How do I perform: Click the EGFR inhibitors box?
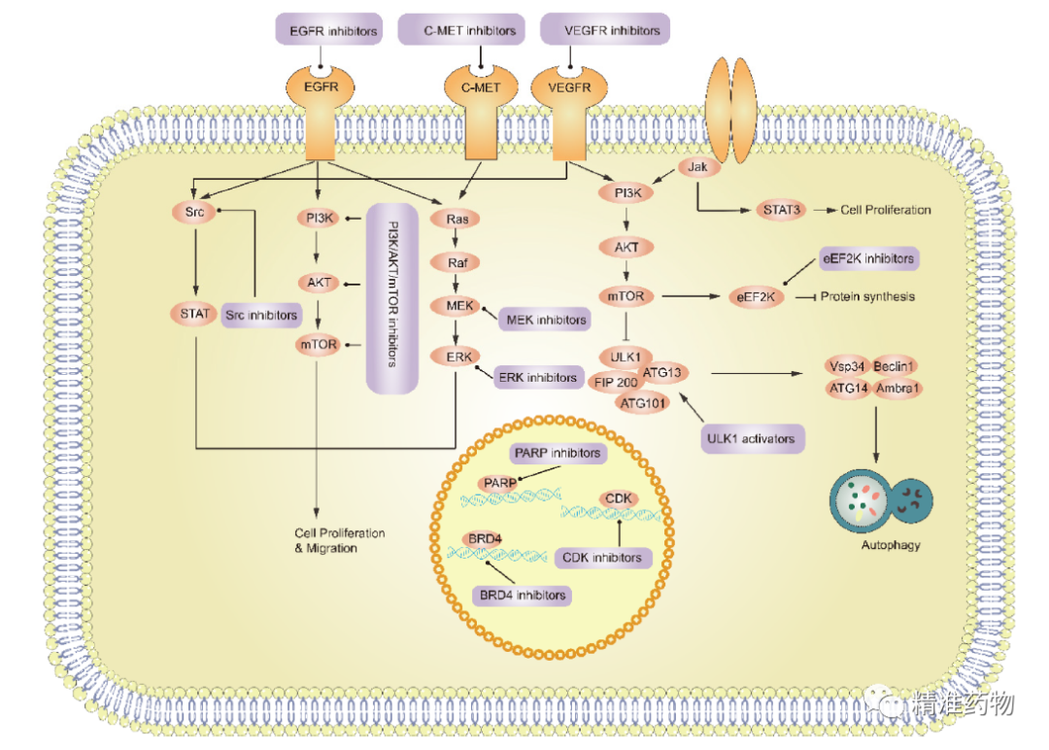(x=326, y=31)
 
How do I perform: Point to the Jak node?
(x=696, y=168)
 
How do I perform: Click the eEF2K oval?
(x=756, y=297)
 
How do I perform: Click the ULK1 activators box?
(x=752, y=439)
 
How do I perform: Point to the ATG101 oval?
(x=642, y=400)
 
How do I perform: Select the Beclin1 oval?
(x=896, y=366)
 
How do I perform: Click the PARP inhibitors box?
(x=558, y=453)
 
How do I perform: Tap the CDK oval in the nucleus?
(x=620, y=499)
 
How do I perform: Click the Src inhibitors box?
(x=260, y=315)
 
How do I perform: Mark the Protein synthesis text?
(x=868, y=296)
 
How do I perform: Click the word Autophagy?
(x=890, y=545)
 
